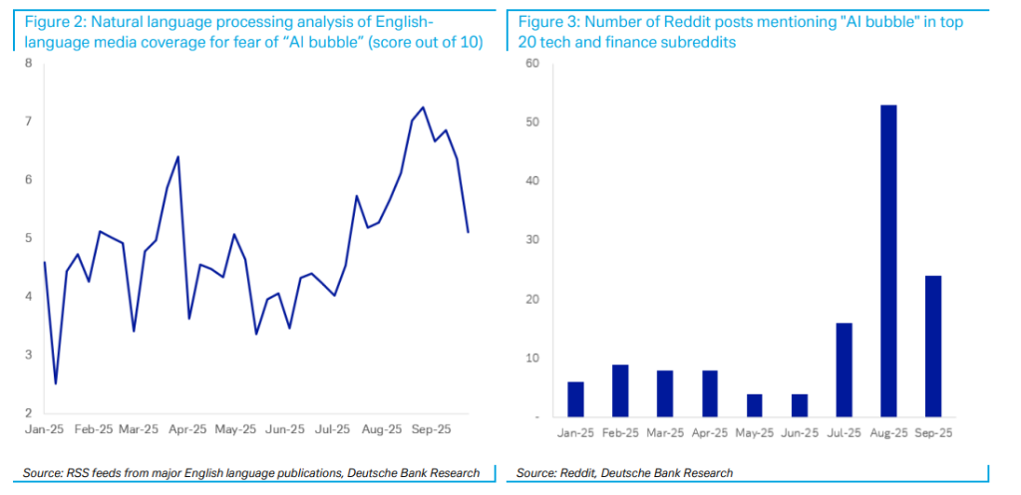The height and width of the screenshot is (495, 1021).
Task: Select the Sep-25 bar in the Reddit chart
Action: (933, 346)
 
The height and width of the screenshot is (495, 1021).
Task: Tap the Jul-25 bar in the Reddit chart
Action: (844, 370)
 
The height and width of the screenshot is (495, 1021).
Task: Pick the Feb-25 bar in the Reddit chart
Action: (620, 390)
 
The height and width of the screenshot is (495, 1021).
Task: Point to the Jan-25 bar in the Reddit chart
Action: (575, 398)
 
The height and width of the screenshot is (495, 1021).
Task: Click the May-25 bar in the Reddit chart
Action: (755, 405)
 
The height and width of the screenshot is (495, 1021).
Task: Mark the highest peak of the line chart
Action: (423, 108)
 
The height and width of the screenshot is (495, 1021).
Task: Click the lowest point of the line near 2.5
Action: (56, 383)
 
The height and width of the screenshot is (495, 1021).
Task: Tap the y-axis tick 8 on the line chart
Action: (29, 64)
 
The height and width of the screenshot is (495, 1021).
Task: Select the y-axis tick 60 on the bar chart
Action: (531, 64)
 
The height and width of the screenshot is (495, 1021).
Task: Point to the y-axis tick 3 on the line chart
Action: (29, 355)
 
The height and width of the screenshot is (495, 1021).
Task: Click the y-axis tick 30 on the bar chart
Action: (531, 240)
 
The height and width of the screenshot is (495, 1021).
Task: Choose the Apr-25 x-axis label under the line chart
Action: (187, 429)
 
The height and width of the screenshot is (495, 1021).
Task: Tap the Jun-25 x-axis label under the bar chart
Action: (800, 433)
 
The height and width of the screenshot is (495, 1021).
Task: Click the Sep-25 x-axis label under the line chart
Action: (431, 429)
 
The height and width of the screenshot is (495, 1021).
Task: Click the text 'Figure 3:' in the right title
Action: (549, 21)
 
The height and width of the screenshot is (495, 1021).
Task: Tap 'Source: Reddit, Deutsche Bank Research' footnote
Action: (624, 472)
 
